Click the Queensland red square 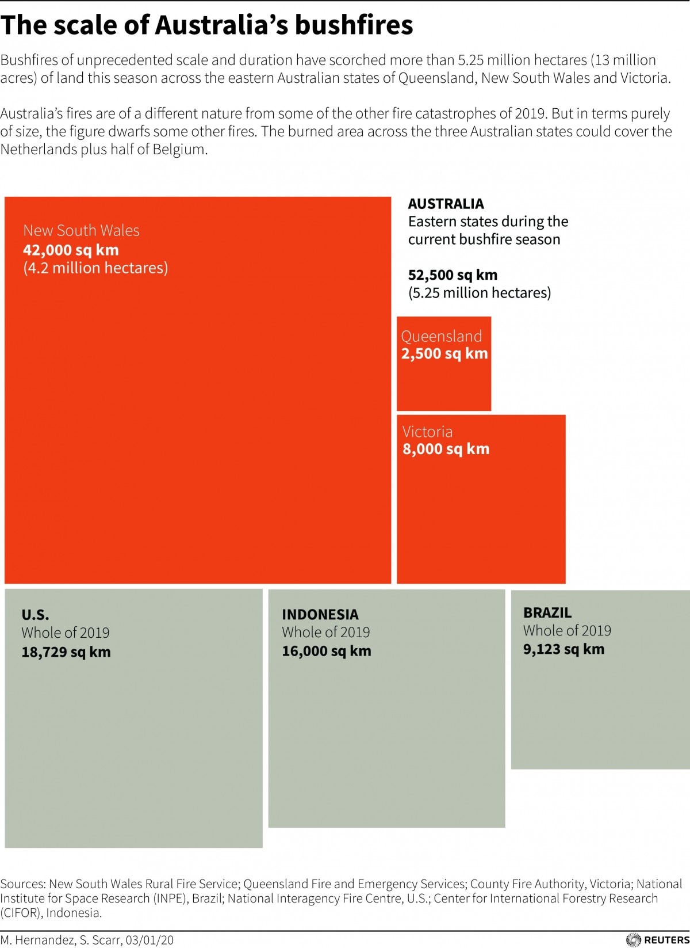tap(444, 380)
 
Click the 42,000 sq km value tap(71, 250)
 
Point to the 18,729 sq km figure tap(66, 652)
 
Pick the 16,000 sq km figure tap(327, 651)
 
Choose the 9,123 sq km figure tap(563, 649)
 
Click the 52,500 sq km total tap(453, 275)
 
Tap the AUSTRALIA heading tap(446, 204)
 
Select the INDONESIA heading tap(320, 614)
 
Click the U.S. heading tap(35, 615)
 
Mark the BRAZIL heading tap(547, 612)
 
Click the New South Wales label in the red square tap(81, 230)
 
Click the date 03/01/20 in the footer tap(149, 940)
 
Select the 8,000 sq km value tap(446, 449)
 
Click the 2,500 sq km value tap(444, 353)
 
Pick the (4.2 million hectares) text tap(95, 268)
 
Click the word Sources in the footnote tap(22, 884)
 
